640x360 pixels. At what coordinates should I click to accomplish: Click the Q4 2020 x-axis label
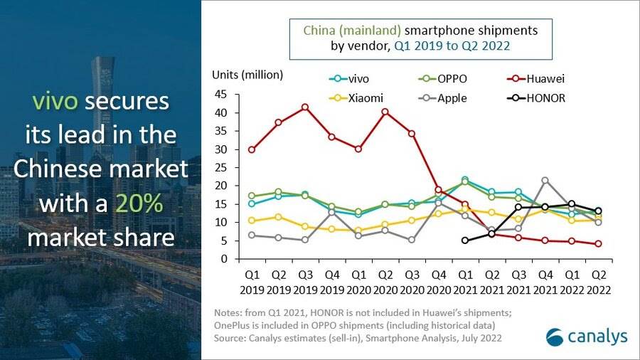pos(438,283)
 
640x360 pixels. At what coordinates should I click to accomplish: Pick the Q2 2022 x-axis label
pos(599,283)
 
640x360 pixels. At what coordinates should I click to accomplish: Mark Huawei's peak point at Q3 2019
pos(305,107)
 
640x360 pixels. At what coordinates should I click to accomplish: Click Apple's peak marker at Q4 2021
pos(545,181)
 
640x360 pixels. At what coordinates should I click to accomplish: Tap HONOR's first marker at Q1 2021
pos(465,240)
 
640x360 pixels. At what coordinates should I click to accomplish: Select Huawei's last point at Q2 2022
pos(599,244)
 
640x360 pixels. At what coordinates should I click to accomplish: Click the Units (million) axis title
pos(247,75)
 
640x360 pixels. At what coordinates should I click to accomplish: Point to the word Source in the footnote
pos(230,338)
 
